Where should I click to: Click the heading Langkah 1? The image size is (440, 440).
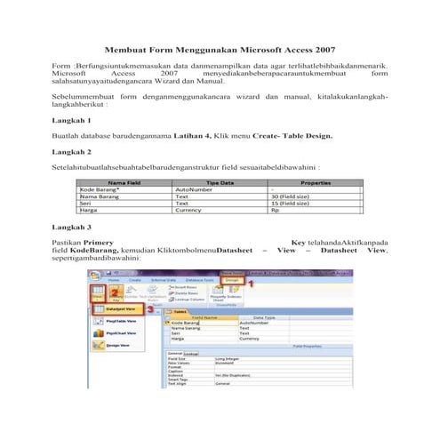tap(72, 119)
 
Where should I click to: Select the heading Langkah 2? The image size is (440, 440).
tap(72, 151)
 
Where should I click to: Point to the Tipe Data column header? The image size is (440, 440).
tap(220, 181)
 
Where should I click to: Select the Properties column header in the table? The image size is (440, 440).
tap(316, 181)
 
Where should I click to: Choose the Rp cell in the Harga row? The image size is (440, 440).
tap(276, 211)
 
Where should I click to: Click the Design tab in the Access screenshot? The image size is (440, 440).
tap(233, 279)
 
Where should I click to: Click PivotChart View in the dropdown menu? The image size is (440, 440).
tap(124, 348)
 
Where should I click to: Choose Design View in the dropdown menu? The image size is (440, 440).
tap(120, 366)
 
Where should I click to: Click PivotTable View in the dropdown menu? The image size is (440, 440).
tap(124, 330)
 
